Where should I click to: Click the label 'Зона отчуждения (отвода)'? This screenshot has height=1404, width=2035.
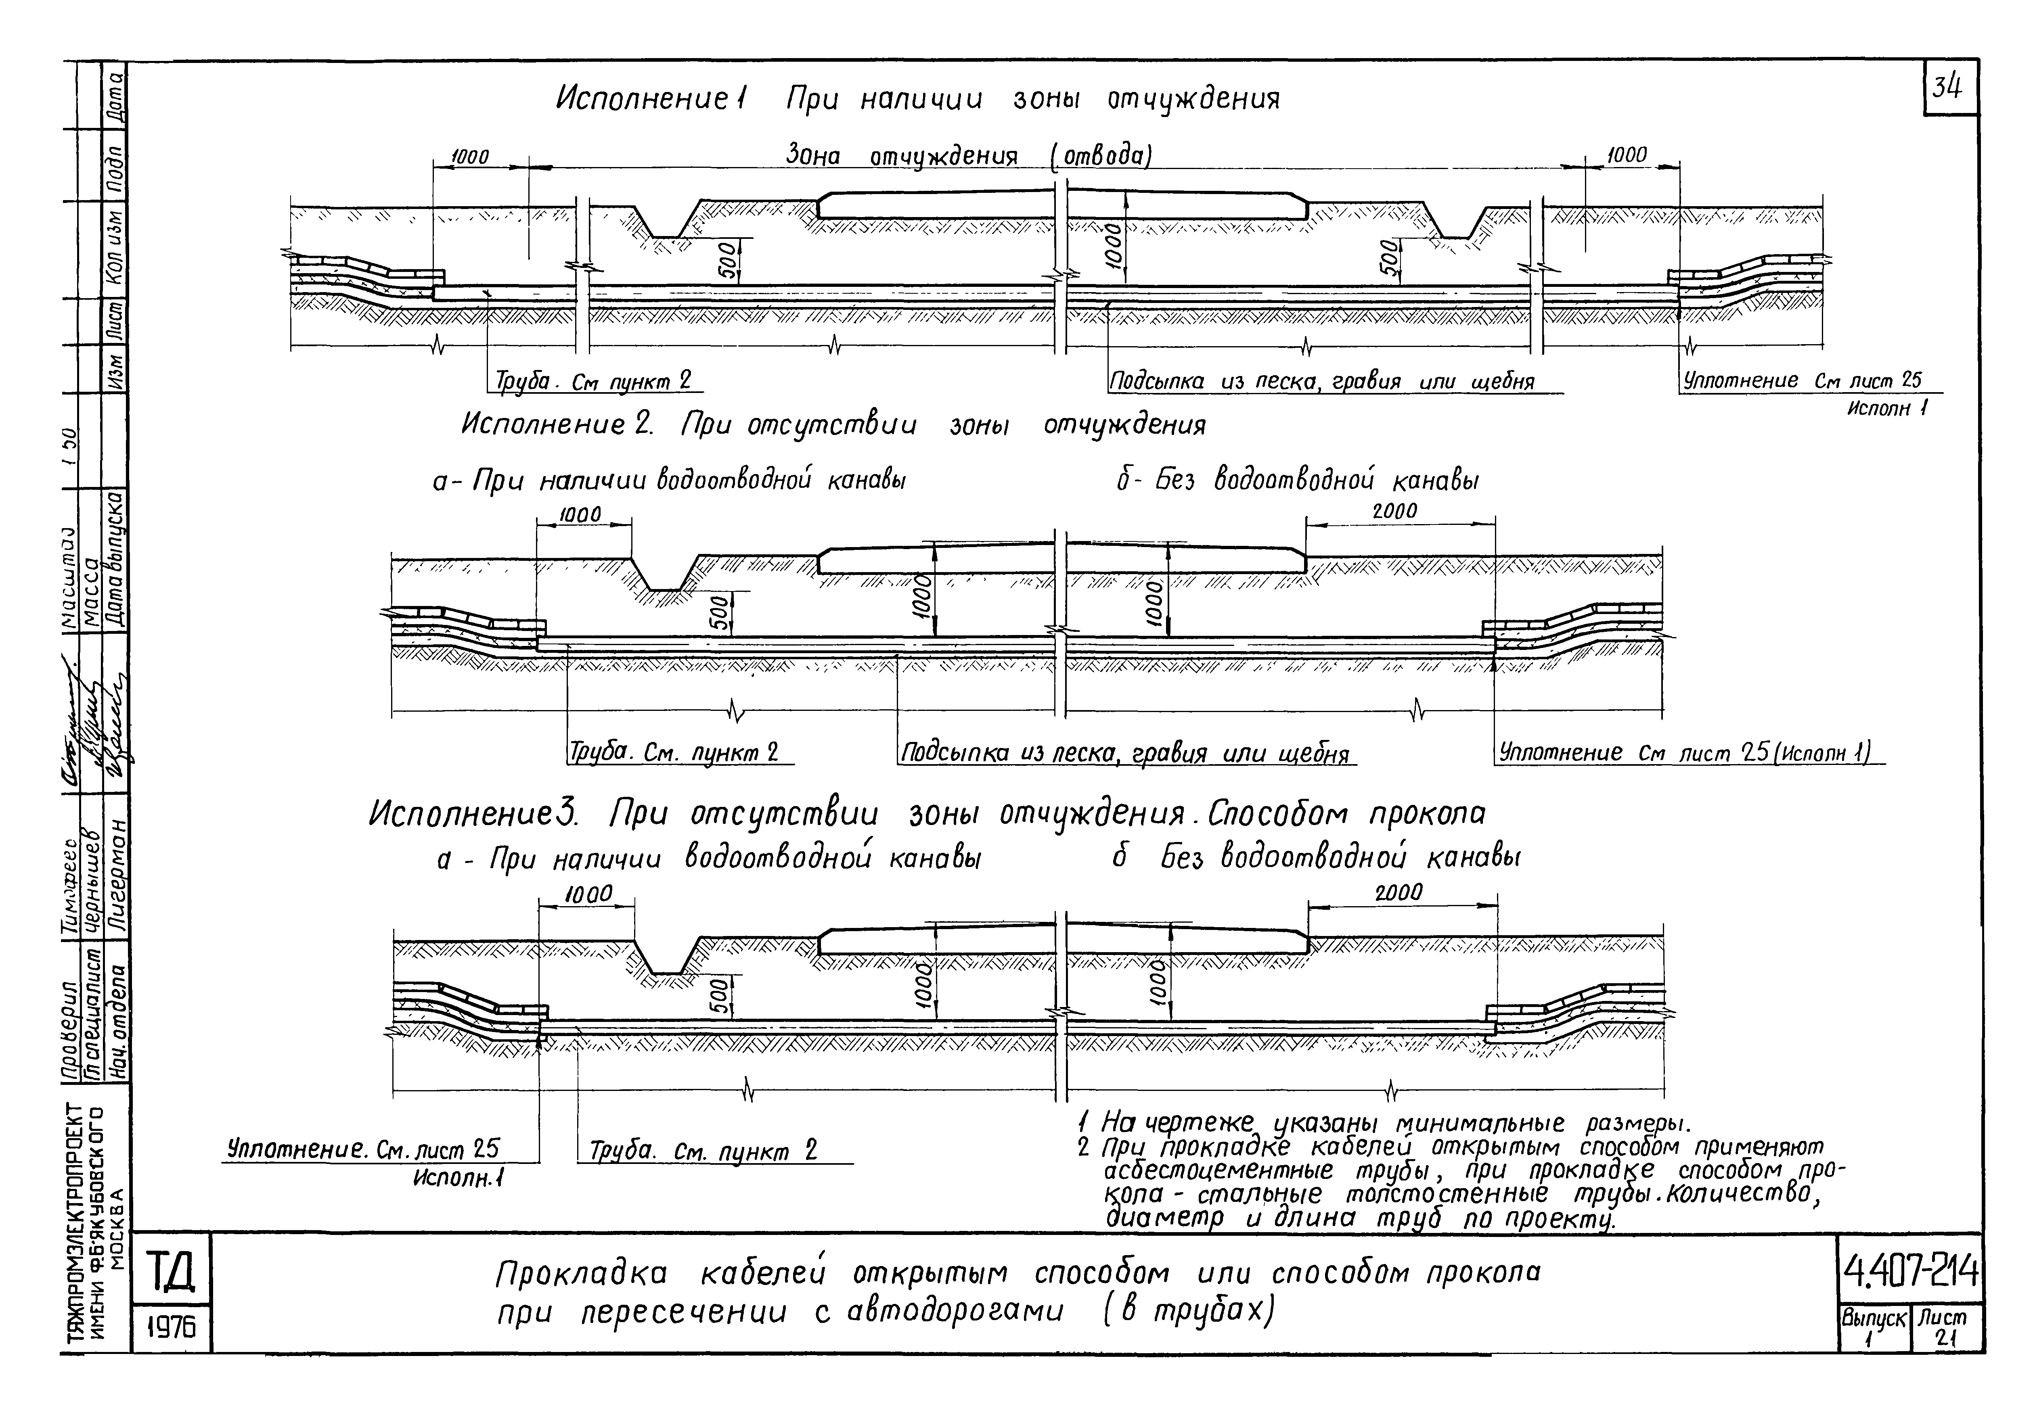(968, 157)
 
